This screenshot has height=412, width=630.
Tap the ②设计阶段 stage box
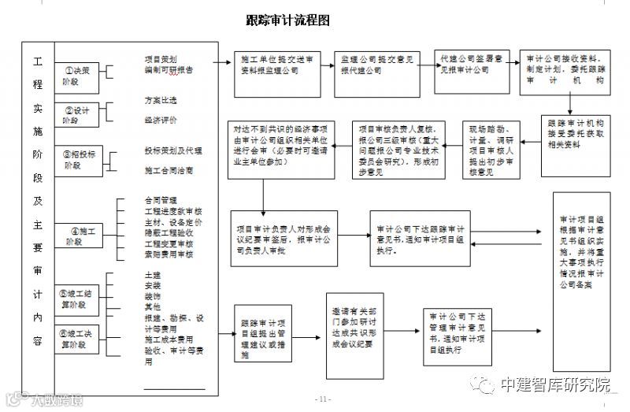click(x=80, y=115)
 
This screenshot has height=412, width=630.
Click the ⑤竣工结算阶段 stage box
click(x=82, y=299)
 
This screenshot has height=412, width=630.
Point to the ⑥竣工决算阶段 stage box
click(x=82, y=339)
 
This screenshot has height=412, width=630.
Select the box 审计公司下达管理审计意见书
click(x=453, y=337)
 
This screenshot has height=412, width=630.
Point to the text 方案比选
click(x=161, y=101)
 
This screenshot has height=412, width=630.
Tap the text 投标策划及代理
click(x=168, y=150)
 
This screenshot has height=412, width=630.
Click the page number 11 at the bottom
click(x=324, y=399)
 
